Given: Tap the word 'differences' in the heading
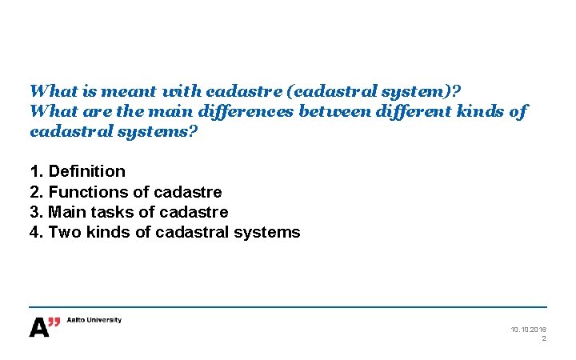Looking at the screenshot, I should pyautogui.click(x=247, y=111).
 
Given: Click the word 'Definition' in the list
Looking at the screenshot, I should pyautogui.click(x=87, y=171).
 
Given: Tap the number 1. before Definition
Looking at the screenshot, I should pyautogui.click(x=36, y=171).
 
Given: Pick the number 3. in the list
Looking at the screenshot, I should pyautogui.click(x=36, y=212).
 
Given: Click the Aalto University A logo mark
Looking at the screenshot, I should pyautogui.click(x=45, y=326).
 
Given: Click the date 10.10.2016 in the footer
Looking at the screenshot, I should pyautogui.click(x=528, y=330).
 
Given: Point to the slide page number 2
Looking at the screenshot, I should pyautogui.click(x=544, y=339).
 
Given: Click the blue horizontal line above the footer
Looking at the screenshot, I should pyautogui.click(x=288, y=307).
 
